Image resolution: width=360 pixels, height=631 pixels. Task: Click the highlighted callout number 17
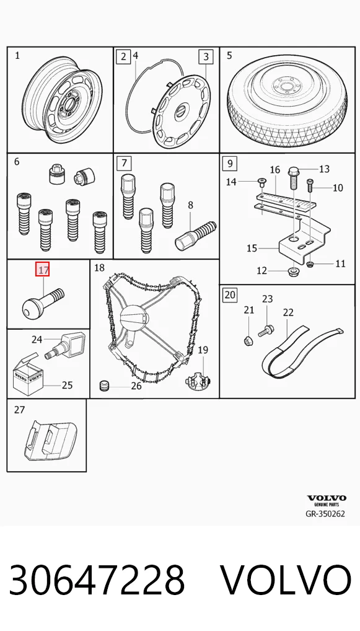click(x=42, y=269)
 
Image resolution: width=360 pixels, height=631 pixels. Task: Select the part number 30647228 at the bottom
click(x=97, y=580)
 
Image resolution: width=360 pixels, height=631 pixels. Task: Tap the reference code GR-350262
click(x=325, y=514)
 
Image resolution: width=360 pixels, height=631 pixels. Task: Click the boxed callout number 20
click(x=230, y=295)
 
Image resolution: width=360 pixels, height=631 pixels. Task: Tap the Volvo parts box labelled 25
click(x=28, y=377)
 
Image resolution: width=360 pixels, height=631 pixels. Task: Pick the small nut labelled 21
click(x=248, y=341)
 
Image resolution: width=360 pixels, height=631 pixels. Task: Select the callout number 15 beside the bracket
click(x=252, y=249)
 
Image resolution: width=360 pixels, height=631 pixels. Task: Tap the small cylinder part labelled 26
click(x=105, y=386)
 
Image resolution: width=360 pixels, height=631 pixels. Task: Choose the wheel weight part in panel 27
click(x=49, y=441)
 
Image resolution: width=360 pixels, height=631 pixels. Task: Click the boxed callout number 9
click(x=230, y=163)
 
